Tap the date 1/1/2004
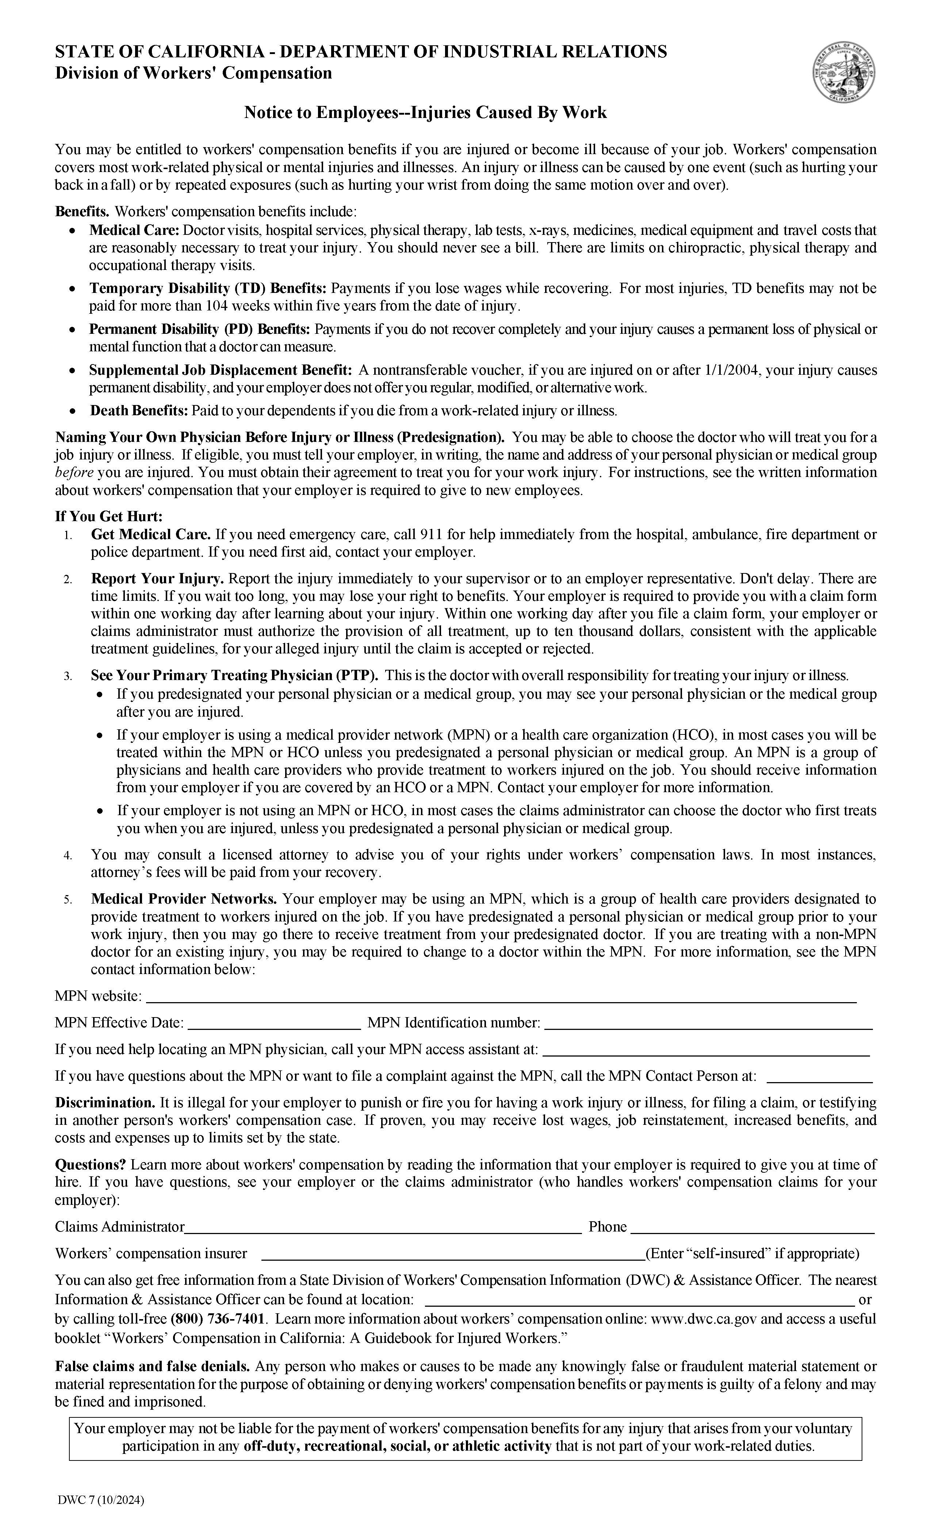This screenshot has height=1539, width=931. pos(732,370)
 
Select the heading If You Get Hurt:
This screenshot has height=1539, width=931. pos(109,516)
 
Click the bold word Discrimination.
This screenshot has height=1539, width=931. pos(105,1103)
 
